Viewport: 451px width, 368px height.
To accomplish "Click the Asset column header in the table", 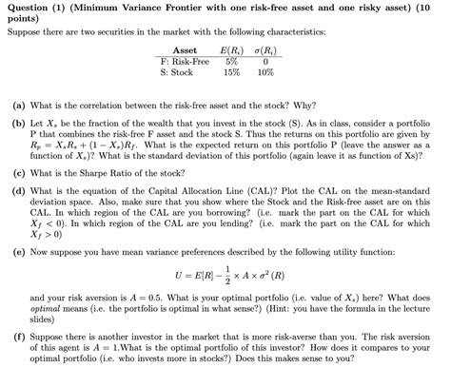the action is coord(185,49).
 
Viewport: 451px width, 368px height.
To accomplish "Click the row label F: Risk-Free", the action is coord(185,60).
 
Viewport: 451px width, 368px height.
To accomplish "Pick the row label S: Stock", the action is coord(177,70).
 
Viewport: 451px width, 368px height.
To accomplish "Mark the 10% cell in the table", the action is coord(265,70).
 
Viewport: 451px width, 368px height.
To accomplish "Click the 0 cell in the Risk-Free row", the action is coord(265,60).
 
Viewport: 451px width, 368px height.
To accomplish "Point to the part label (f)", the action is coord(18,336).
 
